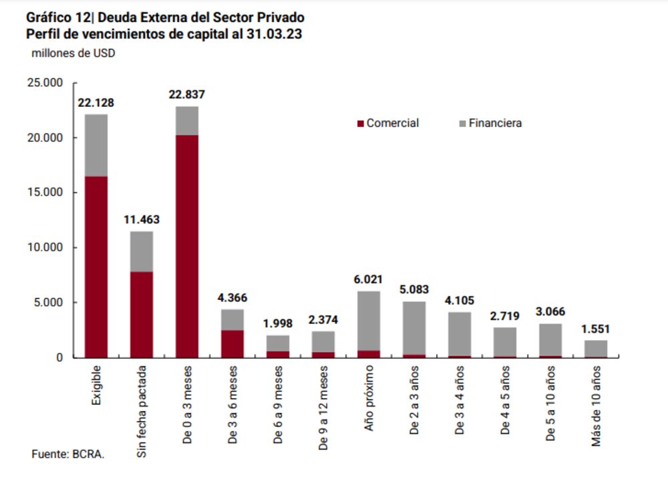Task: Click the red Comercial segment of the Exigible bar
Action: click(x=96, y=267)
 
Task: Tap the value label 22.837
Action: click(x=187, y=95)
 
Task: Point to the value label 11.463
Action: click(x=142, y=219)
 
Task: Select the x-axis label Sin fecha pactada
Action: click(x=142, y=414)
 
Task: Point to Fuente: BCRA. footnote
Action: click(x=68, y=454)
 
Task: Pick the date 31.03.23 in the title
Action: click(x=274, y=35)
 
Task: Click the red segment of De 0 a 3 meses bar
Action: click(x=187, y=247)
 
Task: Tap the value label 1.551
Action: click(x=596, y=329)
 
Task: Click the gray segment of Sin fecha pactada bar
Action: click(x=142, y=251)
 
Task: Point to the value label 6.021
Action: click(x=369, y=280)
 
